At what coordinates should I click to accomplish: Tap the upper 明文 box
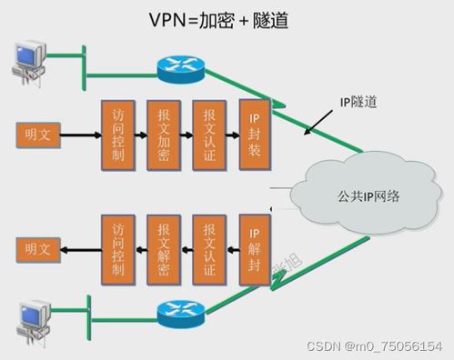38,135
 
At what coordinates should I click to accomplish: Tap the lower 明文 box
38,247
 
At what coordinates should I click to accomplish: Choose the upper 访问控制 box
116,135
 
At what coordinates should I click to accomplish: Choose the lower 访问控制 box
116,246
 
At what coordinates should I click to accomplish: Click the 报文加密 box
163,135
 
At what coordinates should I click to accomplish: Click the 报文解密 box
163,246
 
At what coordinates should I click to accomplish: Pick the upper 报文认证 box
208,135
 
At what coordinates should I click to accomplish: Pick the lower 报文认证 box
208,246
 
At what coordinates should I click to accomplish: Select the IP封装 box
255,135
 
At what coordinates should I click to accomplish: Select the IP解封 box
255,246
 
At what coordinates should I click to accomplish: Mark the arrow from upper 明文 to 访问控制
79,135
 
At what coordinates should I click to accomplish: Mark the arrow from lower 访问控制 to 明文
79,247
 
